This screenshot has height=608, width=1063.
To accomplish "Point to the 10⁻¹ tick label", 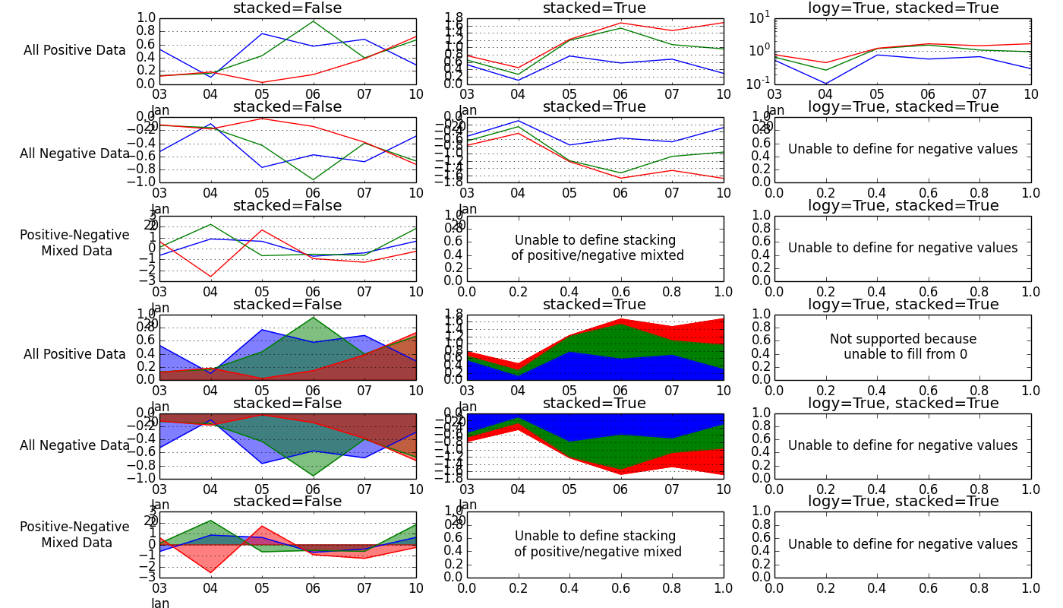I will pyautogui.click(x=759, y=82).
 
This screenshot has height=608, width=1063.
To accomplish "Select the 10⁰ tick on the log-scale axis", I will pyautogui.click(x=759, y=50).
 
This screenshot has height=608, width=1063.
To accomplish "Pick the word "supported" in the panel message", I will pyautogui.click(x=889, y=339).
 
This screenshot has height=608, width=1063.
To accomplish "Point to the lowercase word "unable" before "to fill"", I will pyautogui.click(x=863, y=354).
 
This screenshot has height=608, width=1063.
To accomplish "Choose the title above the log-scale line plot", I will pyautogui.click(x=903, y=8).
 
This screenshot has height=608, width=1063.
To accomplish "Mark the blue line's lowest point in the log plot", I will pyautogui.click(x=825, y=84).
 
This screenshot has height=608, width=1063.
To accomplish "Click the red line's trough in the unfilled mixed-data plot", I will pyautogui.click(x=210, y=277).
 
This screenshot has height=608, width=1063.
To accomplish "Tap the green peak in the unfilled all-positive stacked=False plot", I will pyautogui.click(x=313, y=21).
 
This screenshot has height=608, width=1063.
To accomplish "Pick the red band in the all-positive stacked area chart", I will pyautogui.click(x=699, y=331).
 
